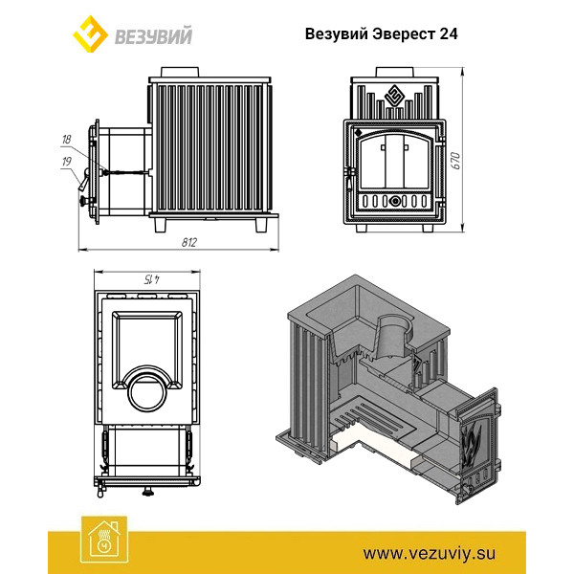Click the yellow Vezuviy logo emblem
(x=90, y=33)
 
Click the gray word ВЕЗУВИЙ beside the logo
(x=153, y=36)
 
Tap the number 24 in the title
(x=448, y=33)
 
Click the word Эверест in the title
(x=404, y=33)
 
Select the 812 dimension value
(x=189, y=242)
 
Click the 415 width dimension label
(x=152, y=279)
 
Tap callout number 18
(x=67, y=140)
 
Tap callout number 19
(x=67, y=162)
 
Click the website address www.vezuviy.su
(x=430, y=553)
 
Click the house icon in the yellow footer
(x=104, y=539)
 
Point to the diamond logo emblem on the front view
(x=394, y=96)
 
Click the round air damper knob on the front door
(x=395, y=201)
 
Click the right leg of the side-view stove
(x=261, y=226)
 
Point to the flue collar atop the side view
(x=180, y=72)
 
